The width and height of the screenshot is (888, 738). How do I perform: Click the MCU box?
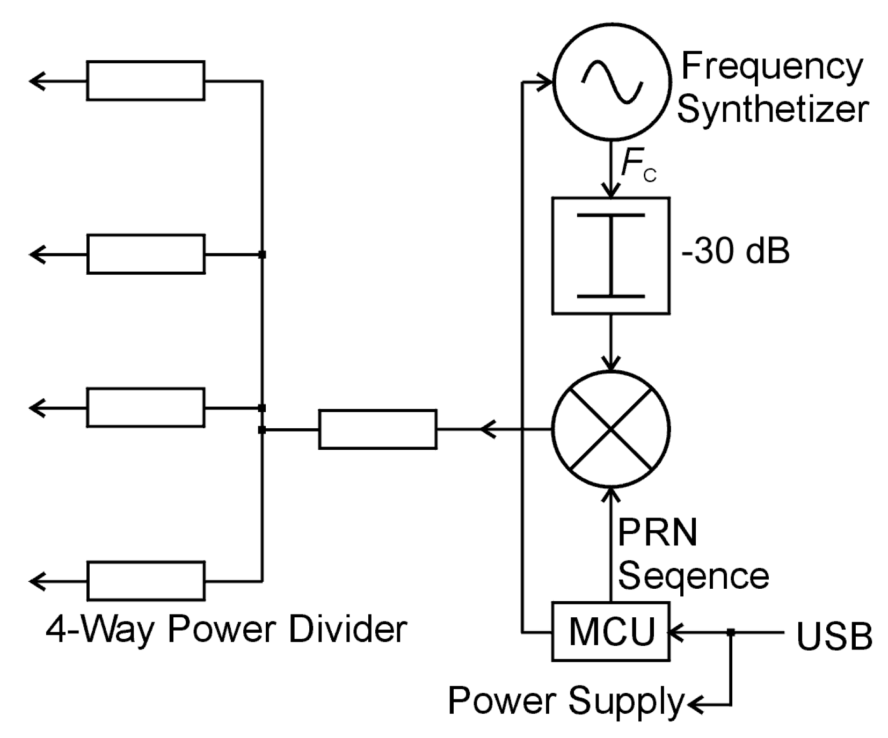[x=610, y=632]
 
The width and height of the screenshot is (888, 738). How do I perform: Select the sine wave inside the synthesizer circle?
[x=612, y=81]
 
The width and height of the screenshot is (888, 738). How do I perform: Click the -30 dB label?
[x=735, y=251]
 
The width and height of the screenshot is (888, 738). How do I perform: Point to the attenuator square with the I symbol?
[x=610, y=255]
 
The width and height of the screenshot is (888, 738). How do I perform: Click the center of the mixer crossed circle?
[x=611, y=429]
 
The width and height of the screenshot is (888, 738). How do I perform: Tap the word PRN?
[x=657, y=533]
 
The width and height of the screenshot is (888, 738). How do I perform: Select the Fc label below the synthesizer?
[x=638, y=166]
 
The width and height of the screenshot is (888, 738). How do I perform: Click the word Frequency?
[x=771, y=68]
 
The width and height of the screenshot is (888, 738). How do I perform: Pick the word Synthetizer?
[x=772, y=109]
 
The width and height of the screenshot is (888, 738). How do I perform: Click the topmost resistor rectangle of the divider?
[x=145, y=81]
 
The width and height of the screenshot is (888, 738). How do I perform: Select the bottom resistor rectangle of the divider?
[x=145, y=581]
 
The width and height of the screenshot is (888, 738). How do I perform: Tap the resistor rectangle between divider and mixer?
[x=377, y=429]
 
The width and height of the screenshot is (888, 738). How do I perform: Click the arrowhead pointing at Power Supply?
[x=694, y=704]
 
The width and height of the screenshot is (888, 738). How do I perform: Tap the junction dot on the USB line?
[x=730, y=633]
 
